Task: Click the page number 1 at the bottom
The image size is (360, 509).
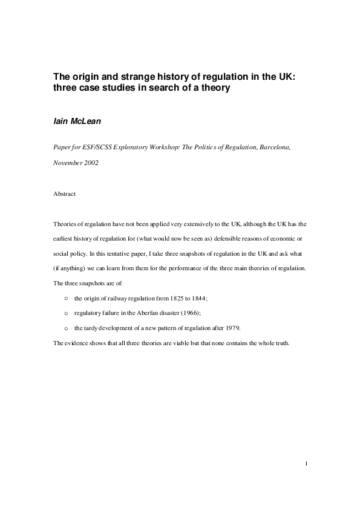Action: click(x=307, y=464)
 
